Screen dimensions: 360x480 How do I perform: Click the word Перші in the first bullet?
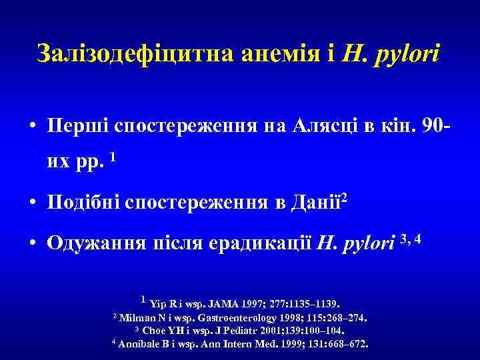[78, 127]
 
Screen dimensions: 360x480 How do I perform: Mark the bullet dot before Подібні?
[32, 202]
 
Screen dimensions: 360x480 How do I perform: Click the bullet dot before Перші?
[32, 127]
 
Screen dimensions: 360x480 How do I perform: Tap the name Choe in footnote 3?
[155, 331]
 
